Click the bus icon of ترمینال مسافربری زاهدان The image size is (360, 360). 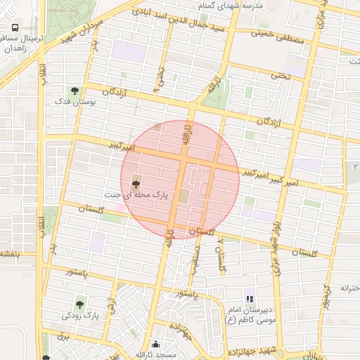pyautogui.click(x=15, y=28)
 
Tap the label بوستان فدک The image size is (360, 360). pyautogui.click(x=73, y=103)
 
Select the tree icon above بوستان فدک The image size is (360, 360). pyautogui.click(x=74, y=91)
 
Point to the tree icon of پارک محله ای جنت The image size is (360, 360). pyautogui.click(x=136, y=184)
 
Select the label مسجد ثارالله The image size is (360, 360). pyautogui.click(x=156, y=354)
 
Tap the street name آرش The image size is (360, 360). pyautogui.click(x=111, y=305)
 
